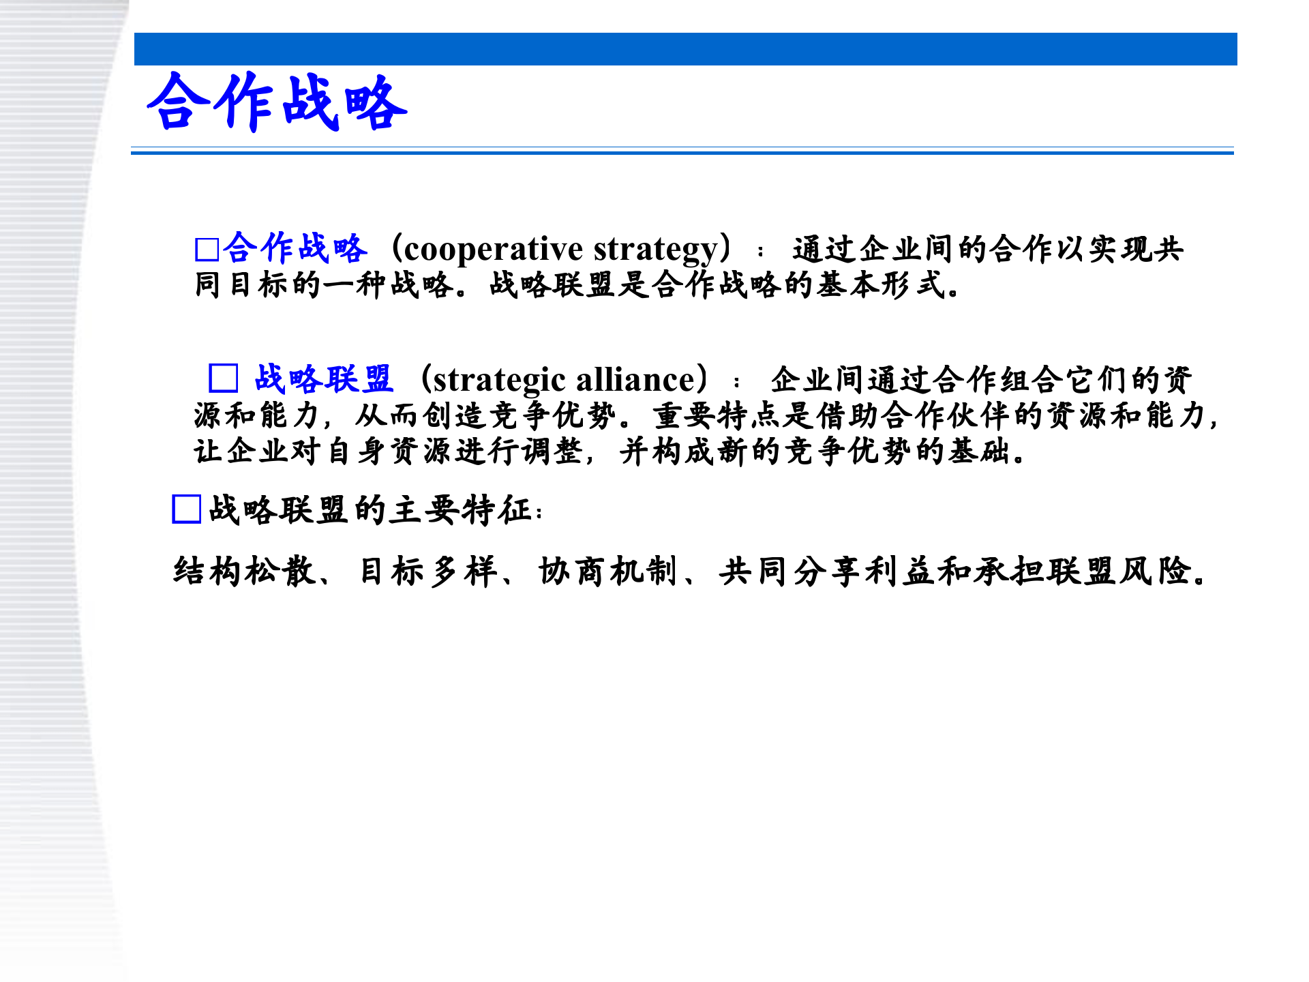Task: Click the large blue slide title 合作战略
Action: pyautogui.click(x=277, y=102)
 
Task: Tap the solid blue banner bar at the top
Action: pyautogui.click(x=685, y=49)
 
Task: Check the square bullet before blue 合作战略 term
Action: pyautogui.click(x=207, y=250)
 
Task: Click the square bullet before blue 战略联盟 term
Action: pyautogui.click(x=223, y=378)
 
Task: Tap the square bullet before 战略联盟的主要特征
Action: pyautogui.click(x=186, y=509)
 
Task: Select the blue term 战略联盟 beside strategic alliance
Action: pyautogui.click(x=323, y=378)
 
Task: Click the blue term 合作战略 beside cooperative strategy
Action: pyautogui.click(x=295, y=248)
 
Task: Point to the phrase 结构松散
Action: pyautogui.click(x=244, y=571)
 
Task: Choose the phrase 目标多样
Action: pyautogui.click(x=428, y=571)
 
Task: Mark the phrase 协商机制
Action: pyautogui.click(x=607, y=571)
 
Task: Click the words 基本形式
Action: pyautogui.click(x=880, y=285)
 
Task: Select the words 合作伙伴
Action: pyautogui.click(x=948, y=415)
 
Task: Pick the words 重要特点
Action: pyautogui.click(x=717, y=415)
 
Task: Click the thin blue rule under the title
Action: pyautogui.click(x=682, y=153)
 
